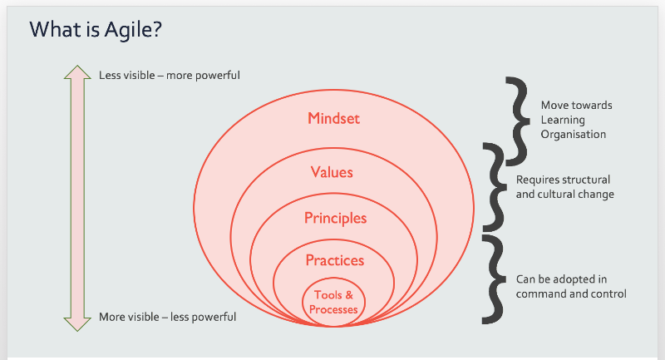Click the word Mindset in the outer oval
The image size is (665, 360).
tap(334, 118)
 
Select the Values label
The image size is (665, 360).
tap(332, 172)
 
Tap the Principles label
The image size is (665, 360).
tap(336, 219)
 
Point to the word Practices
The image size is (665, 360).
tap(335, 260)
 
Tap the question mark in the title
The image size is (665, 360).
tap(155, 29)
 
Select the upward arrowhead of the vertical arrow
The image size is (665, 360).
tap(77, 72)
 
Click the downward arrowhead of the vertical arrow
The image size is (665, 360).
tap(77, 324)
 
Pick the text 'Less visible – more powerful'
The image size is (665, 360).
tap(170, 76)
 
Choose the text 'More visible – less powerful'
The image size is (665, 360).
tap(168, 317)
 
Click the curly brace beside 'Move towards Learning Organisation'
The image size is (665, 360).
tap(517, 121)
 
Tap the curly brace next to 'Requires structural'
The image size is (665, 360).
tap(495, 187)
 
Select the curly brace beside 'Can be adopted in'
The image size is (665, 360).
tap(494, 279)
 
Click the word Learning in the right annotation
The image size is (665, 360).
tap(563, 121)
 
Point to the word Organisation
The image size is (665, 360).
tap(574, 135)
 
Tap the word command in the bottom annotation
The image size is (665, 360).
tap(536, 293)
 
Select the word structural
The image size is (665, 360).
tap(588, 180)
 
